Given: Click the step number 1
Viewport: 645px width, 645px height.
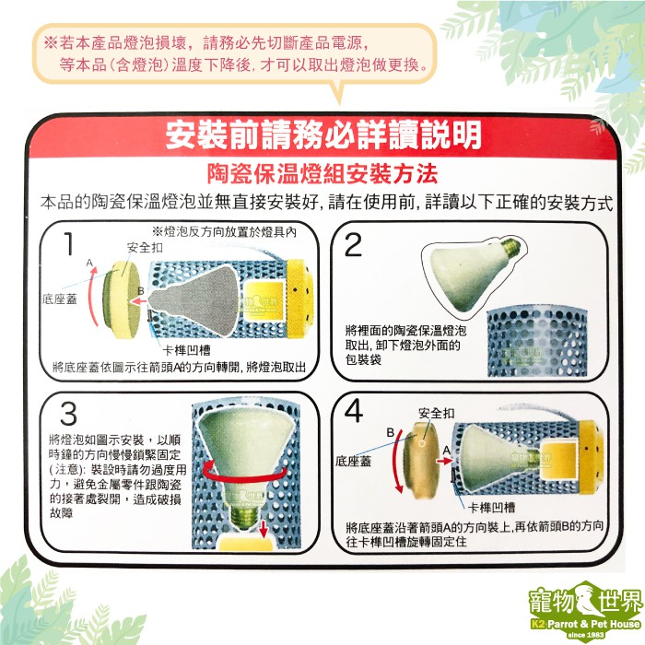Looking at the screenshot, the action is tap(69, 243).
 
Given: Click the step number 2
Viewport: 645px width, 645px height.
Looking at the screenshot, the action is tap(353, 245).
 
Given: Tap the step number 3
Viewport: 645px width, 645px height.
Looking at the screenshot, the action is tap(68, 414).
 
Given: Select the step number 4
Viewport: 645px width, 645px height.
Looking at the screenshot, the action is tap(354, 411).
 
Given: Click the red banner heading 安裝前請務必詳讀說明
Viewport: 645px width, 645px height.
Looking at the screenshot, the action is tap(323, 135).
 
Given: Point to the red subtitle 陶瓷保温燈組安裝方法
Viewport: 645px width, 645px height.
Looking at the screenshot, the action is tap(322, 174).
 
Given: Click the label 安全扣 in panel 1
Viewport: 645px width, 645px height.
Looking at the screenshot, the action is tap(145, 248).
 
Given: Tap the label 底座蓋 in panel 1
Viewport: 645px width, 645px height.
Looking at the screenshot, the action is tap(60, 299).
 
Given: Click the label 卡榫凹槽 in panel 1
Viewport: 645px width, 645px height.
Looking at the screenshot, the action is tap(186, 350).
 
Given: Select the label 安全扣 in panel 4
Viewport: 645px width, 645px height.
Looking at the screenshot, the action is tap(437, 413).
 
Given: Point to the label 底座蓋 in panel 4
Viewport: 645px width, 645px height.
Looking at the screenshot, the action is tap(353, 461).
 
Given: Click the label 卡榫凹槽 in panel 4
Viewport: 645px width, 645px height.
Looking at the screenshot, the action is tap(491, 508).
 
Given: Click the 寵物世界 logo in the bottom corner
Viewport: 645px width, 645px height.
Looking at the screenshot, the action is tap(585, 610).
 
